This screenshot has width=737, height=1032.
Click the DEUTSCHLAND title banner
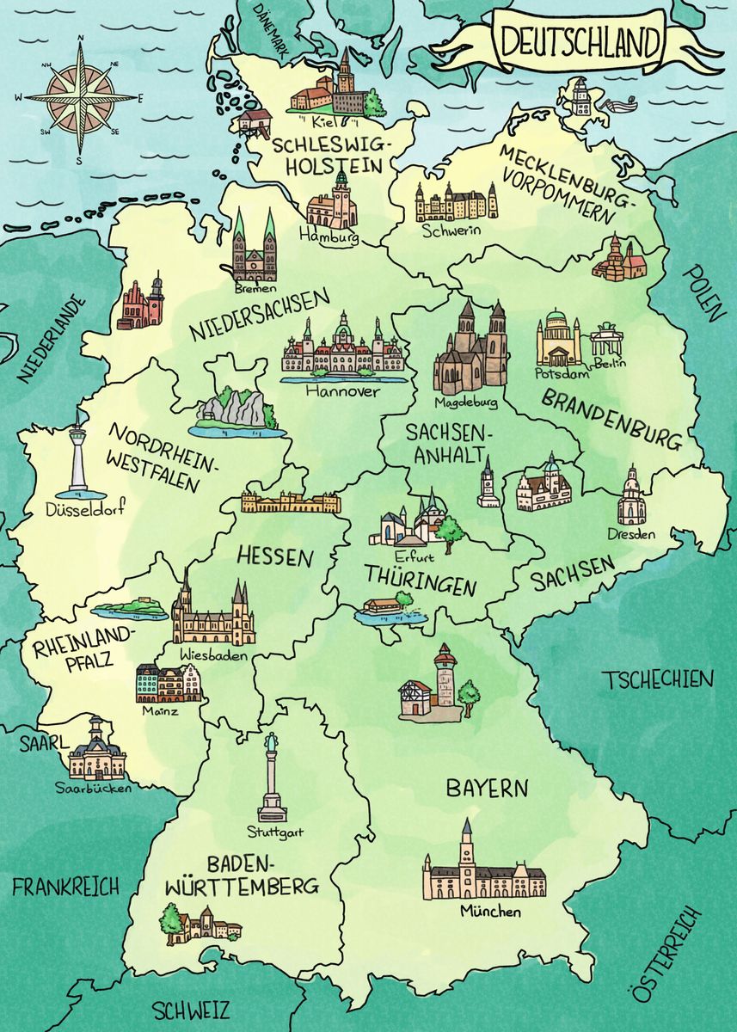pos(581,40)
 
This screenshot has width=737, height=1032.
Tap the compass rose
pos(81,97)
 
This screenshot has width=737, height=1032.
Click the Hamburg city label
pos(329,236)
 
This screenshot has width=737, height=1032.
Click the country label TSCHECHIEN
pos(658,679)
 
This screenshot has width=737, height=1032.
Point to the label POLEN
pos(705,292)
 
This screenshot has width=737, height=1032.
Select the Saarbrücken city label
pos(94,787)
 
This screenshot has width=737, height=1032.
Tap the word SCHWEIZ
pos(191,1008)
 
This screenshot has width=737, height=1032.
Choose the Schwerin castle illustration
pos(456,203)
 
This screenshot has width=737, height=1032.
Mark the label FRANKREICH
pos(66,886)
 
